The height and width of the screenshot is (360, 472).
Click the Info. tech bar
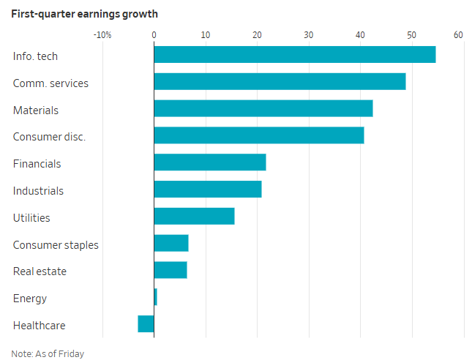click(x=295, y=54)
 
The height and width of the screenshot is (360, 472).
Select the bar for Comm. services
click(x=280, y=81)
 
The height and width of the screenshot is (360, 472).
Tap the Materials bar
click(x=263, y=108)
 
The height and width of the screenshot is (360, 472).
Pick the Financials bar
click(x=210, y=162)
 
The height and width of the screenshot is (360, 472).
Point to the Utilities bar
click(x=194, y=216)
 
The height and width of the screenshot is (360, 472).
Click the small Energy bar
click(x=155, y=297)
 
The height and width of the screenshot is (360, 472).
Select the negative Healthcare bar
click(x=146, y=324)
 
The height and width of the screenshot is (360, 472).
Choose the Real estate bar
click(x=171, y=270)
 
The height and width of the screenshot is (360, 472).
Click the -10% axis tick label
click(x=102, y=35)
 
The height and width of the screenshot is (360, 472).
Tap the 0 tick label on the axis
click(x=154, y=35)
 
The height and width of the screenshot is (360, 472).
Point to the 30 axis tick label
click(x=309, y=35)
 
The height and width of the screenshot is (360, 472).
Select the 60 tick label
click(x=458, y=35)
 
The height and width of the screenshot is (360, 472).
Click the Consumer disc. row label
click(x=49, y=137)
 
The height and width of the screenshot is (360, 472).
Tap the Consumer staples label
click(x=56, y=245)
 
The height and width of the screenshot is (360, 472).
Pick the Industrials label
click(x=38, y=191)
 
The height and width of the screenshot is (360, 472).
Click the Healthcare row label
click(x=39, y=326)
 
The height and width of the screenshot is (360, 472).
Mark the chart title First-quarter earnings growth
click(x=85, y=14)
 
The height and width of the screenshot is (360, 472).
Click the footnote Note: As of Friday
click(x=48, y=353)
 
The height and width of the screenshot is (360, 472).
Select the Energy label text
click(x=30, y=299)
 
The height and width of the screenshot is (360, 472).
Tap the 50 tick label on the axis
click(x=411, y=35)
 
